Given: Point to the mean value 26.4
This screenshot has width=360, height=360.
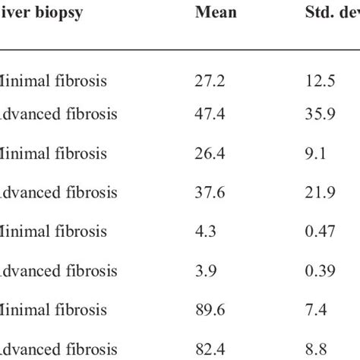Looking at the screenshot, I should tap(208, 153).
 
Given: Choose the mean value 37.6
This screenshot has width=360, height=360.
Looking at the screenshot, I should tap(208, 192).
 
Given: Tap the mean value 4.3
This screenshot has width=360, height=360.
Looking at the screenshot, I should tap(204, 232).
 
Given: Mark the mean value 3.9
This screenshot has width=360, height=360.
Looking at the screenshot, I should tap(204, 270).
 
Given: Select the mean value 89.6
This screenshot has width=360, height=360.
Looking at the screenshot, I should tap(208, 310).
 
